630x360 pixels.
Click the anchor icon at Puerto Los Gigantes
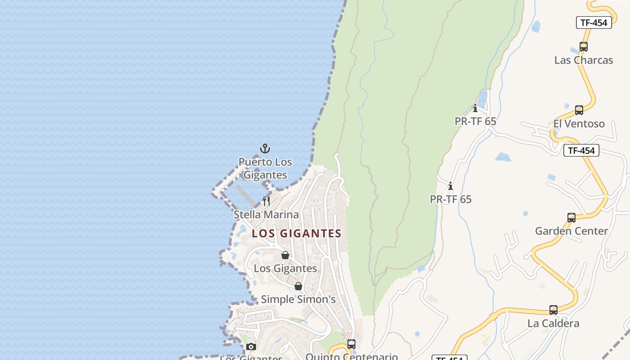[x=265, y=148]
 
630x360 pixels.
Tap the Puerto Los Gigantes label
[x=265, y=168]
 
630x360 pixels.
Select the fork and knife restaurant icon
[x=266, y=201]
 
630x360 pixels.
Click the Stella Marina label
[x=266, y=215]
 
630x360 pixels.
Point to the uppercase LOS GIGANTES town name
[x=297, y=233]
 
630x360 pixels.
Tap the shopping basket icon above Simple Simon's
[x=298, y=286]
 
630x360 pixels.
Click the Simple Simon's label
[x=298, y=299]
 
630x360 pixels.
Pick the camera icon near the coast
[x=251, y=346]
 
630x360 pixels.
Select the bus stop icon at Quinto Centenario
[x=351, y=344]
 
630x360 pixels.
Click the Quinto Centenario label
[x=351, y=356]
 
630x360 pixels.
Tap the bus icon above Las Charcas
[x=583, y=46]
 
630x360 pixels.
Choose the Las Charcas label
[x=583, y=60]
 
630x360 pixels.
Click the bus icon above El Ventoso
[x=579, y=110]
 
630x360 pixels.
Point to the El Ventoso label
[x=579, y=124]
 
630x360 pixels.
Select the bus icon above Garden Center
[x=571, y=218]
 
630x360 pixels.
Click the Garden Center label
[x=571, y=231]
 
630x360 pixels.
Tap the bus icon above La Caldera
[x=553, y=310]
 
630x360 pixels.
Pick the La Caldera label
[x=553, y=323]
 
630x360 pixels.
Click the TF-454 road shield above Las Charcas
[x=594, y=22]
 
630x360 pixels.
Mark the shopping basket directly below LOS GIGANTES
[x=285, y=255]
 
